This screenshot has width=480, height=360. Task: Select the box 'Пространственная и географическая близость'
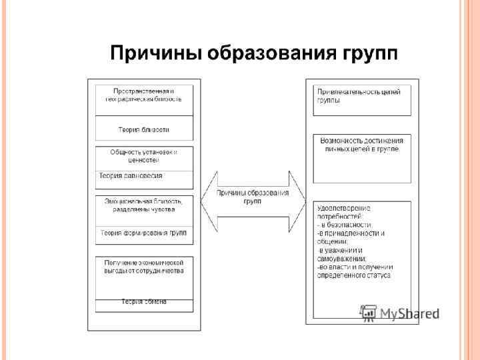pyautogui.click(x=143, y=95)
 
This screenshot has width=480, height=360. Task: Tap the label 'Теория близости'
pyautogui.click(x=143, y=129)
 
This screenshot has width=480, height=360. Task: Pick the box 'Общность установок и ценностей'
pyautogui.click(x=143, y=156)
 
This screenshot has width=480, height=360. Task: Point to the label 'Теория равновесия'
pyautogui.click(x=131, y=176)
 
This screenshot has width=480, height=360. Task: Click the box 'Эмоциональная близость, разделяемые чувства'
pyautogui.click(x=143, y=205)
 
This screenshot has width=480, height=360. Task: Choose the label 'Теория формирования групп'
pyautogui.click(x=143, y=233)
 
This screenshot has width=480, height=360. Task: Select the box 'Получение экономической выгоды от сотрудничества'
pyautogui.click(x=143, y=267)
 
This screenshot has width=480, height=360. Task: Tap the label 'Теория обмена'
pyautogui.click(x=143, y=302)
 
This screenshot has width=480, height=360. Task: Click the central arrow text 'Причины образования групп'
pyautogui.click(x=252, y=197)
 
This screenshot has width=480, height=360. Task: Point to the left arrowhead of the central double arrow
pyautogui.click(x=208, y=201)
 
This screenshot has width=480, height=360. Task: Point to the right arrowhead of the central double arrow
pyautogui.click(x=297, y=201)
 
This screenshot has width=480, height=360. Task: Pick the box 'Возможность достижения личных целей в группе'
pyautogui.click(x=361, y=145)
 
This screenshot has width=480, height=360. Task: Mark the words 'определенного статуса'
pyautogui.click(x=354, y=275)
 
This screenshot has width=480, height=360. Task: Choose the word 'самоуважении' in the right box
pyautogui.click(x=341, y=259)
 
